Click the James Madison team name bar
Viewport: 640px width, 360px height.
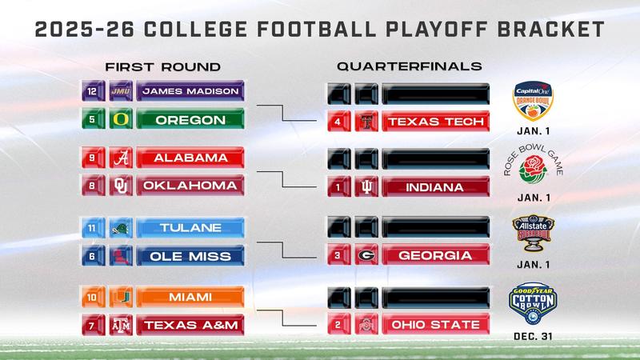(190, 91)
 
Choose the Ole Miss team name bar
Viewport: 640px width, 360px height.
(190, 257)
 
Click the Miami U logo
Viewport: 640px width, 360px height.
(120, 297)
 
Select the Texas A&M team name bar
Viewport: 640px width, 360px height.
(190, 325)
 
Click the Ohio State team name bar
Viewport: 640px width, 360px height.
(435, 325)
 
